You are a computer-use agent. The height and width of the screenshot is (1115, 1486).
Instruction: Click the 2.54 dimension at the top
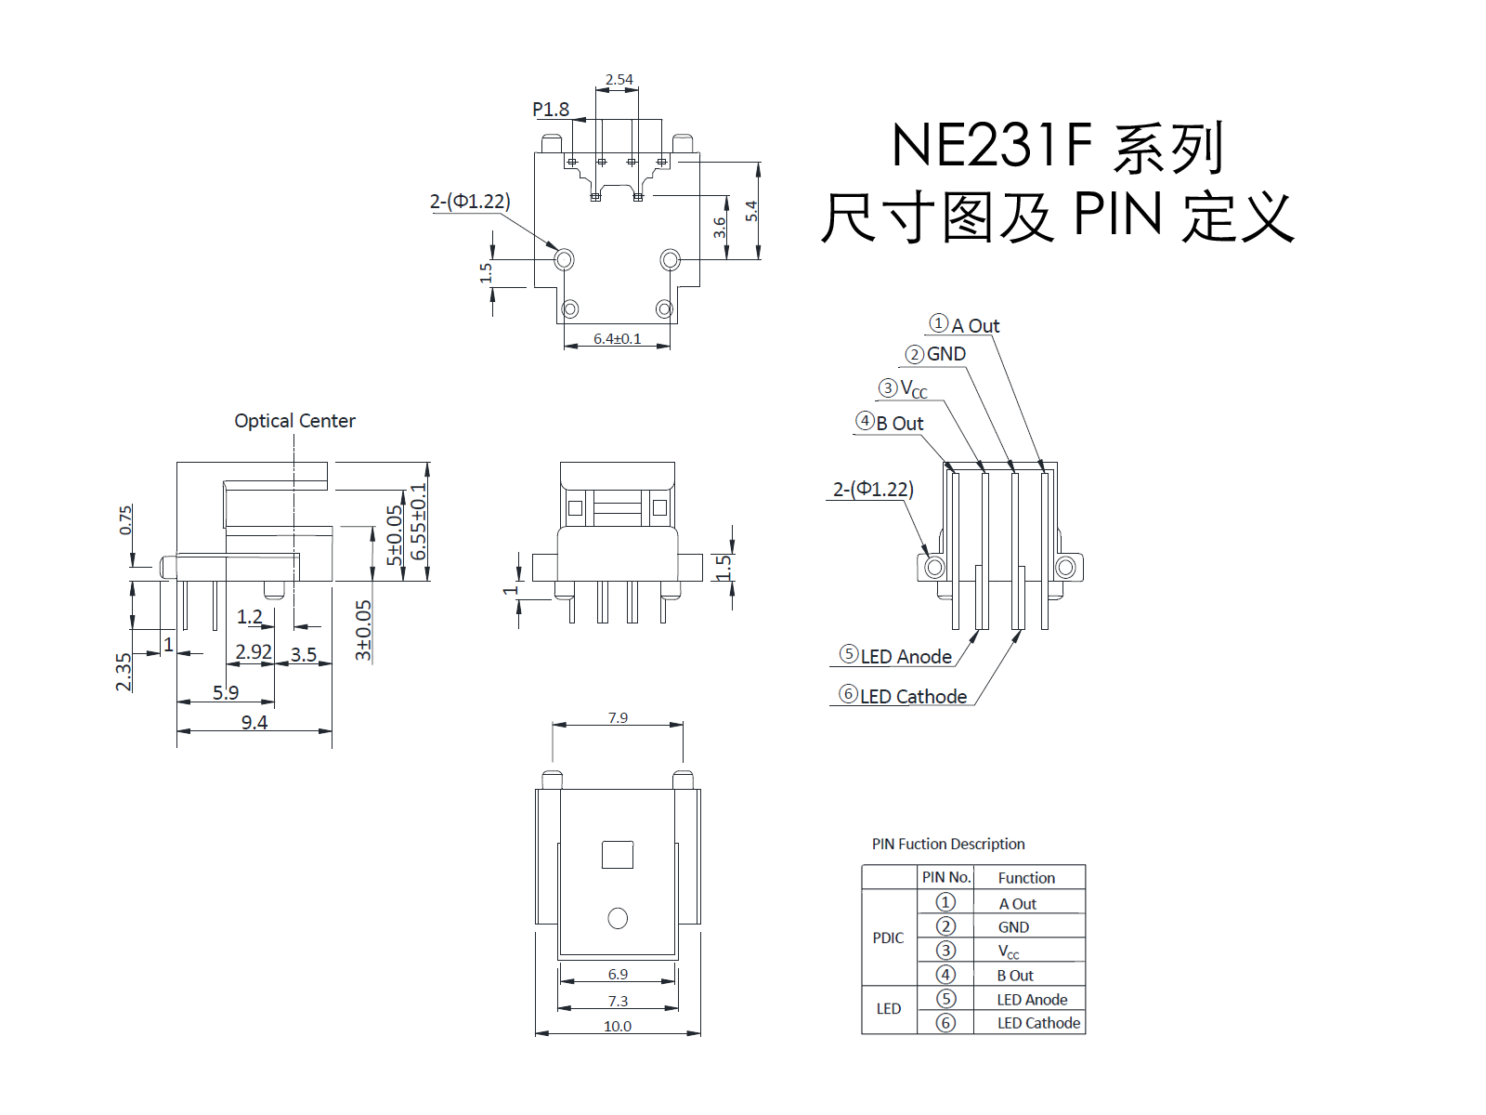click(619, 80)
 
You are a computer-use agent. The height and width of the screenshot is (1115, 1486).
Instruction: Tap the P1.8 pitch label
click(551, 109)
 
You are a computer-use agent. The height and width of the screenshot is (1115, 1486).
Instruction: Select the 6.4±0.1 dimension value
click(617, 338)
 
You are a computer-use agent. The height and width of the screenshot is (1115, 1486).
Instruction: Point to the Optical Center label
click(294, 421)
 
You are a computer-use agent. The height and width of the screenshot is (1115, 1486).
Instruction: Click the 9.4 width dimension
click(254, 722)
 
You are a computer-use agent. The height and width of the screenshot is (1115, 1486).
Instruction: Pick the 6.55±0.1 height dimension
click(419, 521)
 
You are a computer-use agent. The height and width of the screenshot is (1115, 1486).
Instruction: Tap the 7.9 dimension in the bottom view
click(618, 717)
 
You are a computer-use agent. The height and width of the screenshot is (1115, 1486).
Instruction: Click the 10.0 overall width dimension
click(617, 1027)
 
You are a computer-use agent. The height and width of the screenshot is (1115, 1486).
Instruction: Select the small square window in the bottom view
click(618, 854)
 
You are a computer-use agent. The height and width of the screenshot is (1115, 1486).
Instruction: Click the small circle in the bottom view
click(618, 919)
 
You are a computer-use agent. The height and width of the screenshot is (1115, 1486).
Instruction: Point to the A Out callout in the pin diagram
click(965, 325)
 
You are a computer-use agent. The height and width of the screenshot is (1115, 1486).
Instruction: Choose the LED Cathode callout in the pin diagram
click(903, 695)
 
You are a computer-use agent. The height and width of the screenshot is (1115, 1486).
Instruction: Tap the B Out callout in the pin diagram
click(890, 423)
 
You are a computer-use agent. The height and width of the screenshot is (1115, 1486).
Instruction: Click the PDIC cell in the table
click(888, 938)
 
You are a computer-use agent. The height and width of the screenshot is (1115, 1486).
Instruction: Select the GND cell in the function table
click(1013, 926)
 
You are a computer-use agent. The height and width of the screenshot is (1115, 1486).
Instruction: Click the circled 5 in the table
click(945, 999)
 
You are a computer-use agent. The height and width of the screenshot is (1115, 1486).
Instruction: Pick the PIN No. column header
click(945, 877)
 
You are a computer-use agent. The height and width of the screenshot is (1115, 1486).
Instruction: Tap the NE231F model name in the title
click(992, 145)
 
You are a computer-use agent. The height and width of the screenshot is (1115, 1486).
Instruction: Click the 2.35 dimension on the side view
click(124, 672)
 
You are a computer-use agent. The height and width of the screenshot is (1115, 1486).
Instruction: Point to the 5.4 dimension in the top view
click(751, 211)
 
